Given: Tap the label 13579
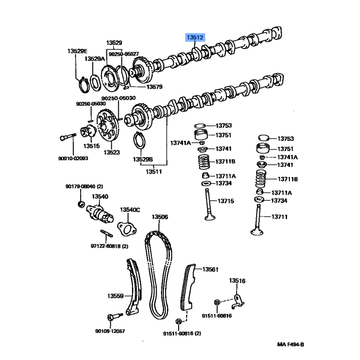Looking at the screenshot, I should click(x=154, y=87).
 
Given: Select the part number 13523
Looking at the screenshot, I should click(x=112, y=153).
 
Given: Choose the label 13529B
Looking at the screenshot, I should click(x=143, y=159).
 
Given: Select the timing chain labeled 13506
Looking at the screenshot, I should click(x=159, y=270).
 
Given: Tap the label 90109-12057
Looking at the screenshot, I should click(x=110, y=331).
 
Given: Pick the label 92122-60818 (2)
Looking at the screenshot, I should click(x=110, y=246).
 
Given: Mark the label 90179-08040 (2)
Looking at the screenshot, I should click(x=84, y=186).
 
